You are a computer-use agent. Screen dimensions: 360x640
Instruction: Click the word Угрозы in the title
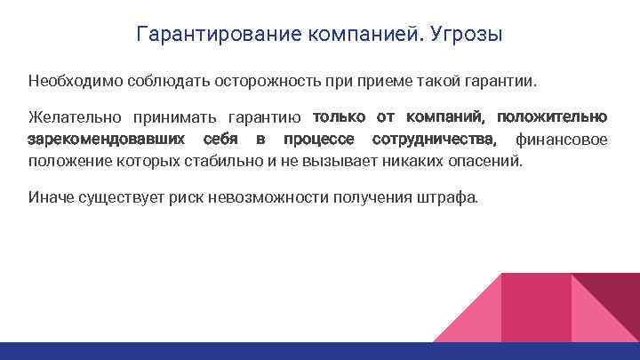pyautogui.click(x=466, y=36)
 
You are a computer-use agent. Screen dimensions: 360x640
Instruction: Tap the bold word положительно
pyautogui.click(x=552, y=117)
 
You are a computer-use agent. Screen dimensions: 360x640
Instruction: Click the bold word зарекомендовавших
pyautogui.click(x=107, y=140)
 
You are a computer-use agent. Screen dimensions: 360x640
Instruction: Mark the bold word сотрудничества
pyautogui.click(x=435, y=140)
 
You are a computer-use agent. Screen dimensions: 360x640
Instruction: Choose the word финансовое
pyautogui.click(x=562, y=140)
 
